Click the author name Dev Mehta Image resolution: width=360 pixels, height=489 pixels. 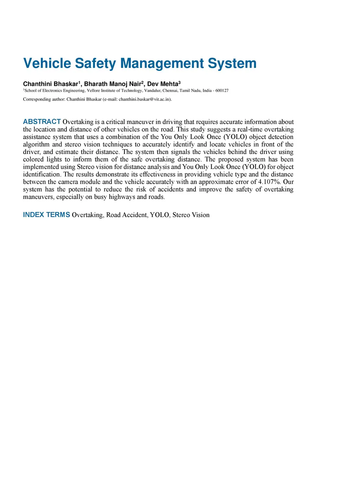tap(163, 84)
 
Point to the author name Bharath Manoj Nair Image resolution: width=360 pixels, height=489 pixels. tap(112, 84)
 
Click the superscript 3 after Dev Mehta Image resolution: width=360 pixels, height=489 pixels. tap(180, 82)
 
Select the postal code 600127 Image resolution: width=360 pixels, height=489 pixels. tap(222, 91)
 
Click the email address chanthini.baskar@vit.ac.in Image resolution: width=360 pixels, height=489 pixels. tap(144, 99)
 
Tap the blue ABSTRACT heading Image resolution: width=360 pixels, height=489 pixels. tap(42, 122)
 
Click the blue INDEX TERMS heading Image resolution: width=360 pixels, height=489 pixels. tap(46, 215)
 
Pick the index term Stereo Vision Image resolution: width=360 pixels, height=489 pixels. tap(191, 215)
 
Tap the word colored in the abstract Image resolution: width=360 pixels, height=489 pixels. tap(33, 159)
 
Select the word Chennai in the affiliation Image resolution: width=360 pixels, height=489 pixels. tap(170, 91)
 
